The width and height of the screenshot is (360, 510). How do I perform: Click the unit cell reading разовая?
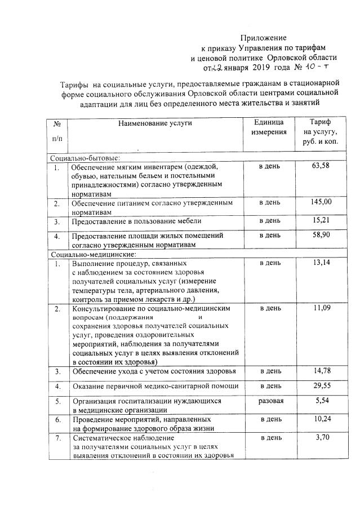[270, 401]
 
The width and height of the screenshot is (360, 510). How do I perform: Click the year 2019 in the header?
[246, 68]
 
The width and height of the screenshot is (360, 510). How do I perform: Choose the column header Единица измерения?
[269, 127]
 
